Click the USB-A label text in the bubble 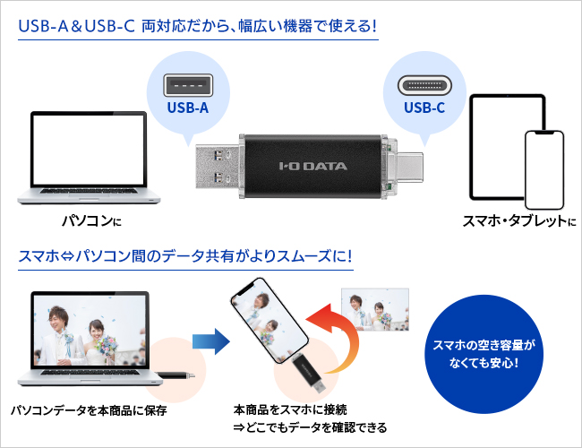(x=186, y=109)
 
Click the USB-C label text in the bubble (x=423, y=109)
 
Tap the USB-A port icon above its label (x=186, y=86)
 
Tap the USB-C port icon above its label (x=423, y=86)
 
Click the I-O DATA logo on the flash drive (x=313, y=165)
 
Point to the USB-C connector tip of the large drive (x=408, y=165)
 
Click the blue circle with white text (x=484, y=353)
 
